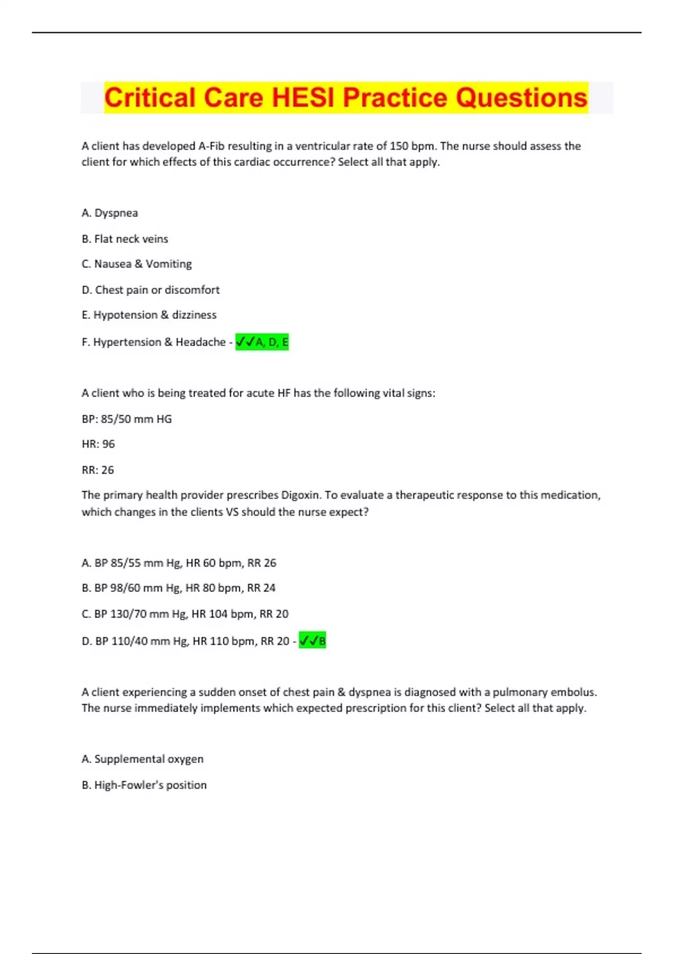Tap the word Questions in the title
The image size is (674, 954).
point(522,98)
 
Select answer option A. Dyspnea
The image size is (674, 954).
point(110,213)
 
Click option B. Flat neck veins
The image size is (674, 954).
point(125,239)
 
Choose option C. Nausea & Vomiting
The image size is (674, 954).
point(136,264)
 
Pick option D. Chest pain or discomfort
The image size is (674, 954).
point(151,290)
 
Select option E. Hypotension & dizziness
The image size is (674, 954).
point(149,315)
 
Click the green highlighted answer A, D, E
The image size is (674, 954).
point(262,342)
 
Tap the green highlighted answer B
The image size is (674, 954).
point(312,640)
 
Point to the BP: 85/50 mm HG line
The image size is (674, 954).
point(126,419)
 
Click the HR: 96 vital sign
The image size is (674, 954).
point(98,444)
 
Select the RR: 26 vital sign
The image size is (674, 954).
point(98,470)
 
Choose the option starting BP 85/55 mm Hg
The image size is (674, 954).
point(179,563)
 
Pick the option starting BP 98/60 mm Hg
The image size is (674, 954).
point(179,588)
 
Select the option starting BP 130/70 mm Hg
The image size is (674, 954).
point(185,614)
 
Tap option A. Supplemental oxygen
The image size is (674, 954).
point(143,759)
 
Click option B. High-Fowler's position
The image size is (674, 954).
point(144,785)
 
